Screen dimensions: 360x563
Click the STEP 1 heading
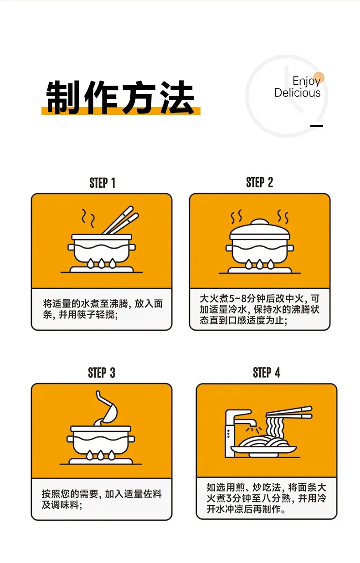point(103,183)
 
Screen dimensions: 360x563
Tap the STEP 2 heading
point(259,182)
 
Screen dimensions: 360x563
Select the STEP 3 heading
point(102,373)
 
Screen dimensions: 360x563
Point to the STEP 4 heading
point(267,373)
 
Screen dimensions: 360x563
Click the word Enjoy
point(306,81)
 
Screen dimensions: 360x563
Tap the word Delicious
point(298,92)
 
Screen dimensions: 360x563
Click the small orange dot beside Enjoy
point(319,77)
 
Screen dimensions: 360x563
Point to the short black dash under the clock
point(317,126)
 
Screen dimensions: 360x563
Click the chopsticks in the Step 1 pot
point(121,220)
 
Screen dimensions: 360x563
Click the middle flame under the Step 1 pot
point(101,263)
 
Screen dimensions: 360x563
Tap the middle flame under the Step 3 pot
point(100,455)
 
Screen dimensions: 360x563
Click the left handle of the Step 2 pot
point(229,248)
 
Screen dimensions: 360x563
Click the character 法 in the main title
point(177,97)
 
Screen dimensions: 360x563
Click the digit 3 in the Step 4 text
point(229,498)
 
